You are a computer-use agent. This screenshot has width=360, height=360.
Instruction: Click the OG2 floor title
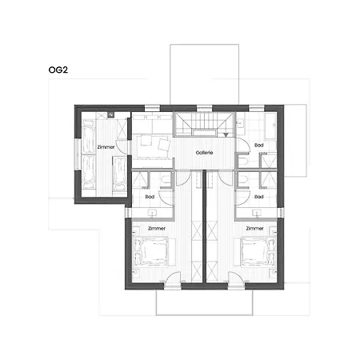(58, 70)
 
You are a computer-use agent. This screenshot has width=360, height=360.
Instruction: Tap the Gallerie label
(204, 153)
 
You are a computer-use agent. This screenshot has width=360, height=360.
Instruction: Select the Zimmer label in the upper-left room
(106, 147)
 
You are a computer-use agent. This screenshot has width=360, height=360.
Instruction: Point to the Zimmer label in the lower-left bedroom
(157, 228)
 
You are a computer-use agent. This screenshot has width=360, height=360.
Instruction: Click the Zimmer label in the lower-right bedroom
(254, 228)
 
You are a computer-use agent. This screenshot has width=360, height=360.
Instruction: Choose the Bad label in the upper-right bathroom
(259, 145)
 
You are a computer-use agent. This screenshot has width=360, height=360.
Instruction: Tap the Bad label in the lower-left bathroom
(150, 197)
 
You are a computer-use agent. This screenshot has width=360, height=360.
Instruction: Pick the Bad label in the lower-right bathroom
(259, 197)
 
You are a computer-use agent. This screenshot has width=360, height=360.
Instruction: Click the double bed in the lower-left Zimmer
(152, 251)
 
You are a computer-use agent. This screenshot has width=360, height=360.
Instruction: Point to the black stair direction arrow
(226, 135)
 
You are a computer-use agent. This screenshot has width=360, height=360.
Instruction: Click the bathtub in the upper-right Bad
(270, 126)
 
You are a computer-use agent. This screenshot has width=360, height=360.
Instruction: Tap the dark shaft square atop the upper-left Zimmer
(110, 114)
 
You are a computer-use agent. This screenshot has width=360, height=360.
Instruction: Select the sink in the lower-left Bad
(153, 213)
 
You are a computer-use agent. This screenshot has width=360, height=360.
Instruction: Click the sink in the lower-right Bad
(256, 213)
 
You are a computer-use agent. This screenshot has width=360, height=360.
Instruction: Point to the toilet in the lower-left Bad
(166, 181)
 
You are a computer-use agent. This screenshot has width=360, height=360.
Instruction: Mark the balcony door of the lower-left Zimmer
(173, 281)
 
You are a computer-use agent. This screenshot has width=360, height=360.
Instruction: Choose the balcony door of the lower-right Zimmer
(236, 281)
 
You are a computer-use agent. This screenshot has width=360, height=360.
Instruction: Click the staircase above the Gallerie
(204, 124)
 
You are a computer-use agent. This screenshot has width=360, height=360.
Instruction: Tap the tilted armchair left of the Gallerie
(164, 144)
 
